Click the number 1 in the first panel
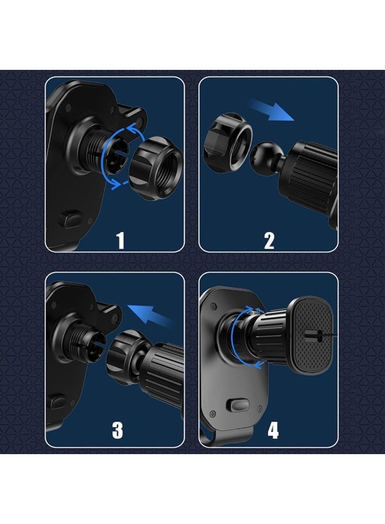point(120,240)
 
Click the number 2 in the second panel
point(269,240)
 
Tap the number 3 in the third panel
point(117,430)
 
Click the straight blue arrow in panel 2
point(272,110)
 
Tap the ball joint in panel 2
point(267,155)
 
